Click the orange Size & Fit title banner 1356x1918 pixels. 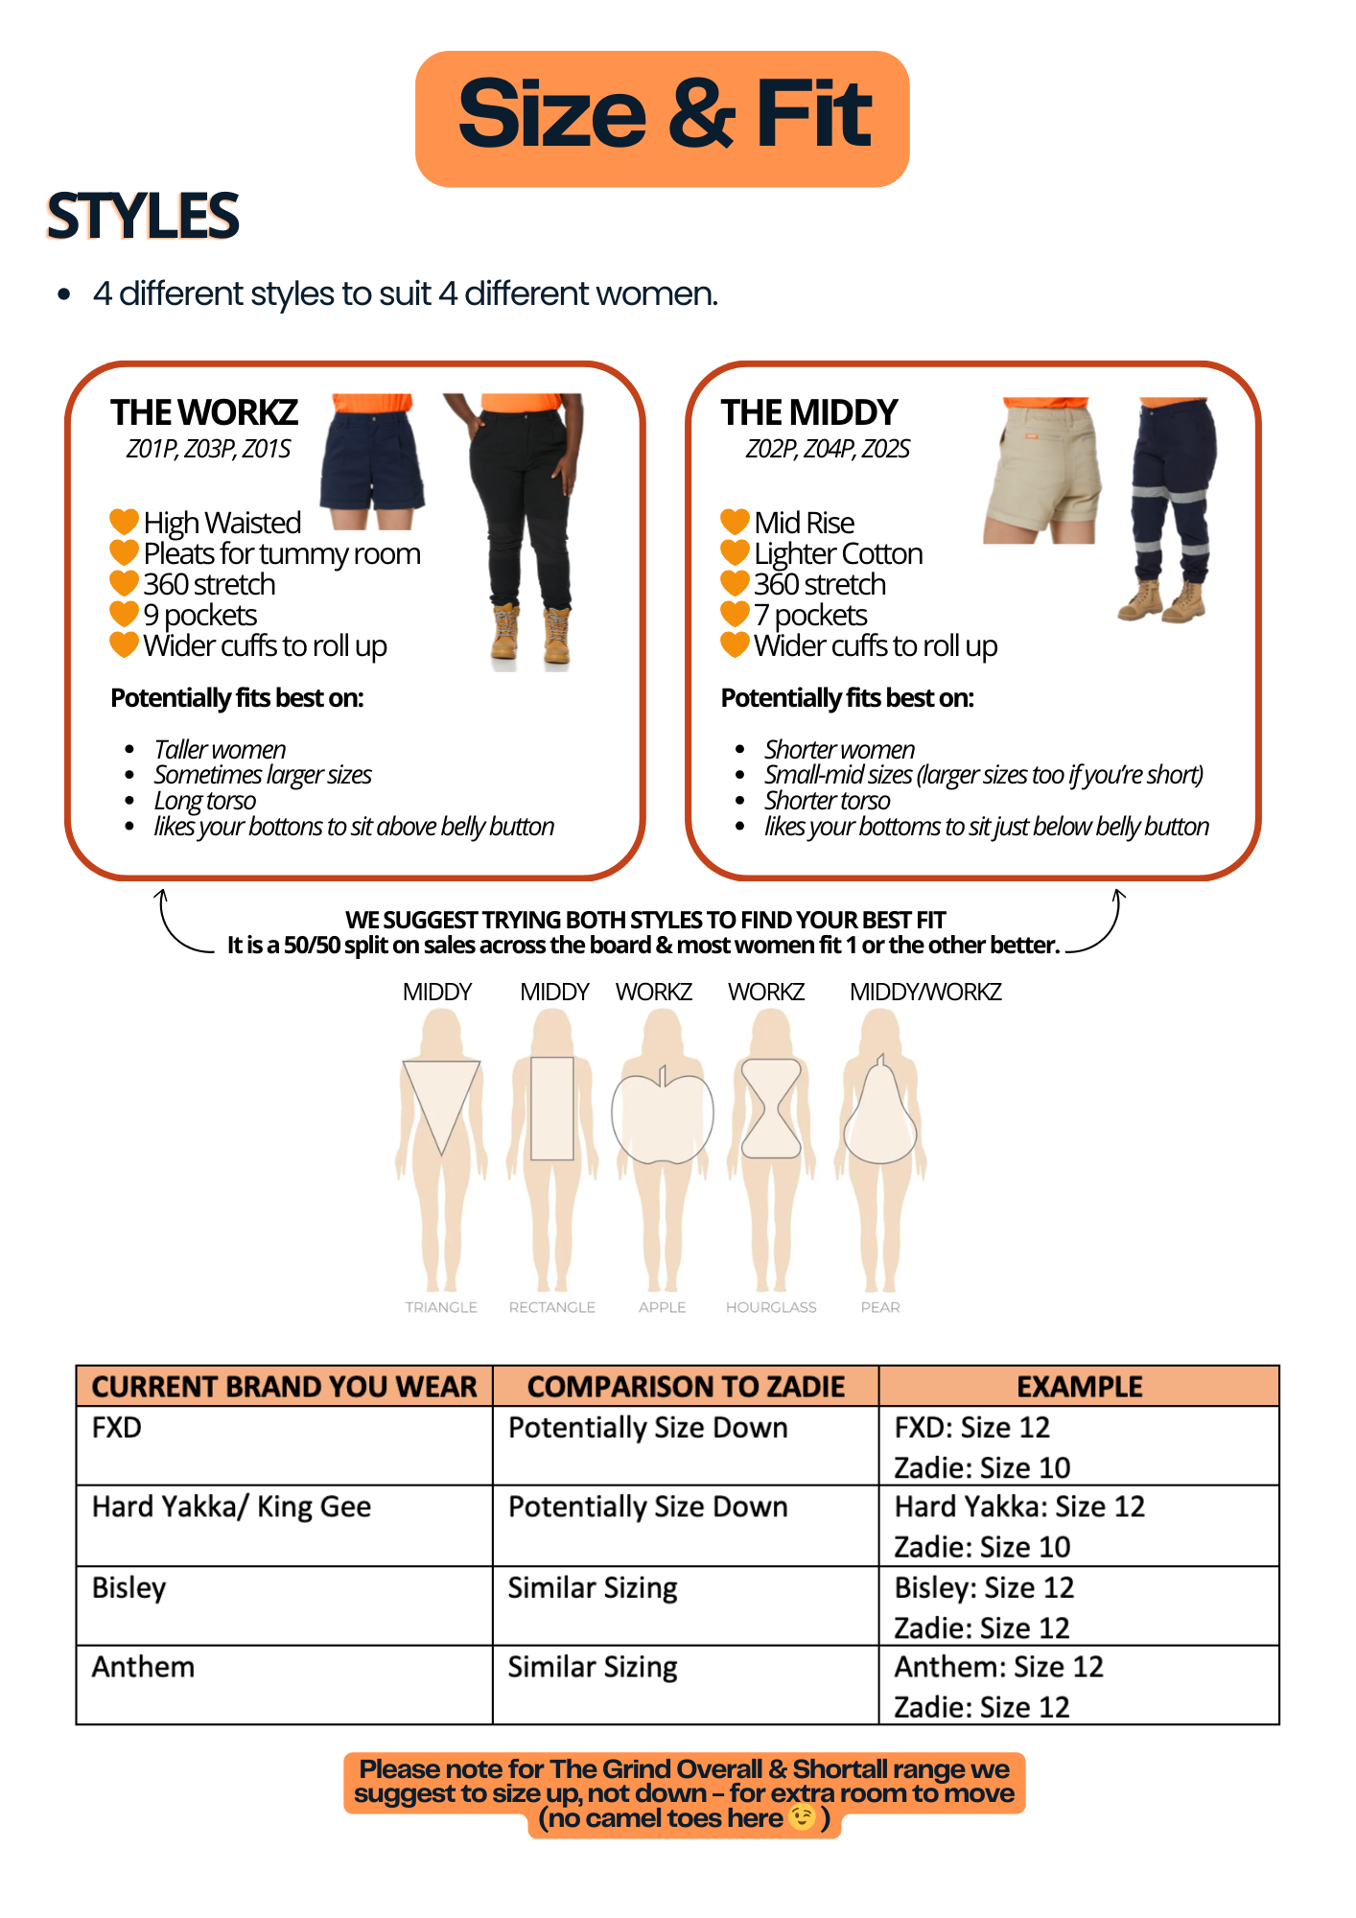[662, 118]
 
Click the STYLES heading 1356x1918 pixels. [142, 216]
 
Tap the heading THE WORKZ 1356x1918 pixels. [204, 412]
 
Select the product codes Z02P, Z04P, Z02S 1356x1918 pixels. [827, 449]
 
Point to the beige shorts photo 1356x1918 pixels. [1043, 470]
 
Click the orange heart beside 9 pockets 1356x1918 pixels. [124, 614]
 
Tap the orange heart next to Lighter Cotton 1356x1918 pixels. [735, 553]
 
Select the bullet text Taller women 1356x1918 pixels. [220, 749]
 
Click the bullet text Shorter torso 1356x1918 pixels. [827, 800]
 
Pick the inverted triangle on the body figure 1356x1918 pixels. [441, 1103]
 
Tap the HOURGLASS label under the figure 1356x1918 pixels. [771, 1307]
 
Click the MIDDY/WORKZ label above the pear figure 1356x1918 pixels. [925, 992]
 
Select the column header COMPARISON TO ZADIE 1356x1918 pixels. [686, 1387]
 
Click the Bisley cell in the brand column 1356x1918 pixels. [129, 1588]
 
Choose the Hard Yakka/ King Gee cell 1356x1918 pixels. [231, 1508]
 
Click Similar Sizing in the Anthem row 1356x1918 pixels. [593, 1668]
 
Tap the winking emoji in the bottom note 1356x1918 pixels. [802, 1817]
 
